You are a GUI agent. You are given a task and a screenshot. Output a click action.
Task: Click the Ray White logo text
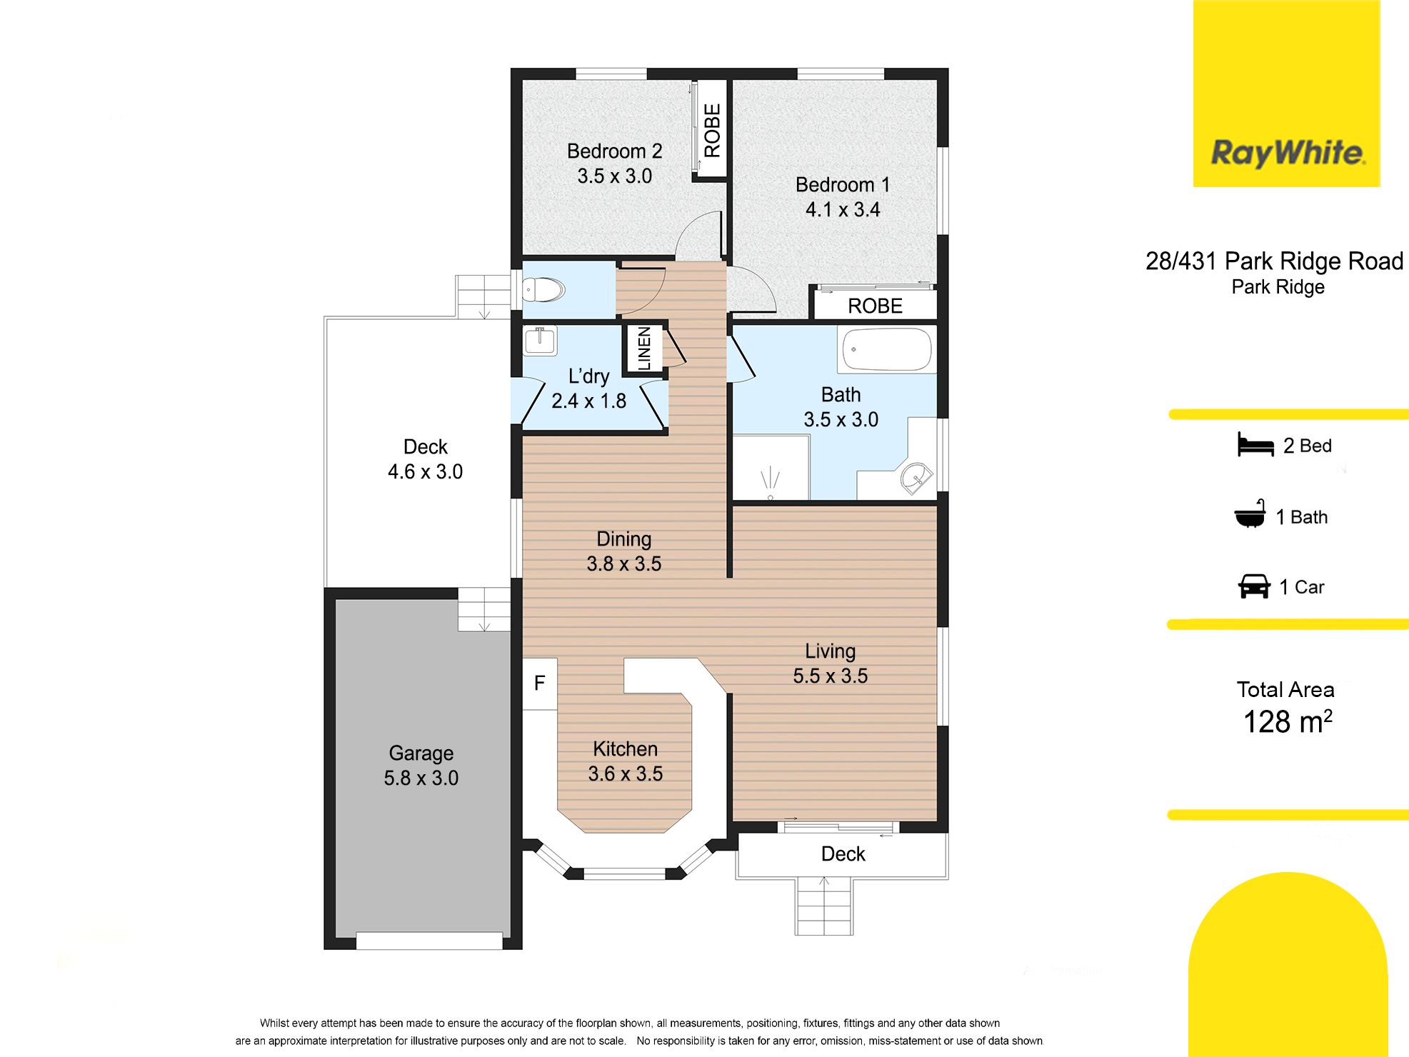[1288, 154]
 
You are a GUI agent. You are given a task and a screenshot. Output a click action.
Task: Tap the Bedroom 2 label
[614, 151]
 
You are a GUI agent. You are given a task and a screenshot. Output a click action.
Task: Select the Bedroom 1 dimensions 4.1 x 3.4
[843, 210]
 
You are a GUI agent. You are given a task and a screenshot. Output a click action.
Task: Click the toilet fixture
[543, 290]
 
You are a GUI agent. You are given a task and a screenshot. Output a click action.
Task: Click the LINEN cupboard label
[644, 349]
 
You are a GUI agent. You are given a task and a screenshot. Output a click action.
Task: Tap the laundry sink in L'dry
[540, 341]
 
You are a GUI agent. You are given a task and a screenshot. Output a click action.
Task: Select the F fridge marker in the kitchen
[540, 683]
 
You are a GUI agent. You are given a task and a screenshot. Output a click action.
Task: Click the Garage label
[421, 753]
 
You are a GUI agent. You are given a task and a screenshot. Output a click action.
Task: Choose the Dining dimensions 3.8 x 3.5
[624, 564]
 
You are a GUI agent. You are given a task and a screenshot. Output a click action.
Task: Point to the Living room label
[830, 651]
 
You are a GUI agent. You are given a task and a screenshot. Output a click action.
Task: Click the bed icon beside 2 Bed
[1255, 445]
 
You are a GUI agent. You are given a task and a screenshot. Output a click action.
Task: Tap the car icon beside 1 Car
[1254, 586]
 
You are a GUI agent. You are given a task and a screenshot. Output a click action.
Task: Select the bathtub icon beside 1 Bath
[1250, 514]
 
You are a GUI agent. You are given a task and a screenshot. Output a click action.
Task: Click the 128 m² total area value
[1288, 722]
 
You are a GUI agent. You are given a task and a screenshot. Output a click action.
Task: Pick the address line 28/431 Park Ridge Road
[1274, 261]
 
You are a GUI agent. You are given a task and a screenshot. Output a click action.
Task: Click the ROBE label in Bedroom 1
[875, 306]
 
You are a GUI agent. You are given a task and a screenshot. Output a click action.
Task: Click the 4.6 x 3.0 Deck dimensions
[425, 472]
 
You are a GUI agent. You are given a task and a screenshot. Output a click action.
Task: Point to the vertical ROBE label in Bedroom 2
[712, 131]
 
